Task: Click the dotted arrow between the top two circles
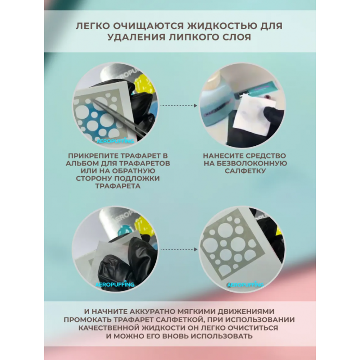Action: [179, 106]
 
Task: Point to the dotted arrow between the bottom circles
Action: [179, 249]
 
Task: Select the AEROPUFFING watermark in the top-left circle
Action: [115, 141]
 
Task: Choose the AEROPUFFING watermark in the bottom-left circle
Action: [115, 284]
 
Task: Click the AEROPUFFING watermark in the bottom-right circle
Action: [245, 285]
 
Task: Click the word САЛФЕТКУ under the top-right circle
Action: [245, 171]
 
